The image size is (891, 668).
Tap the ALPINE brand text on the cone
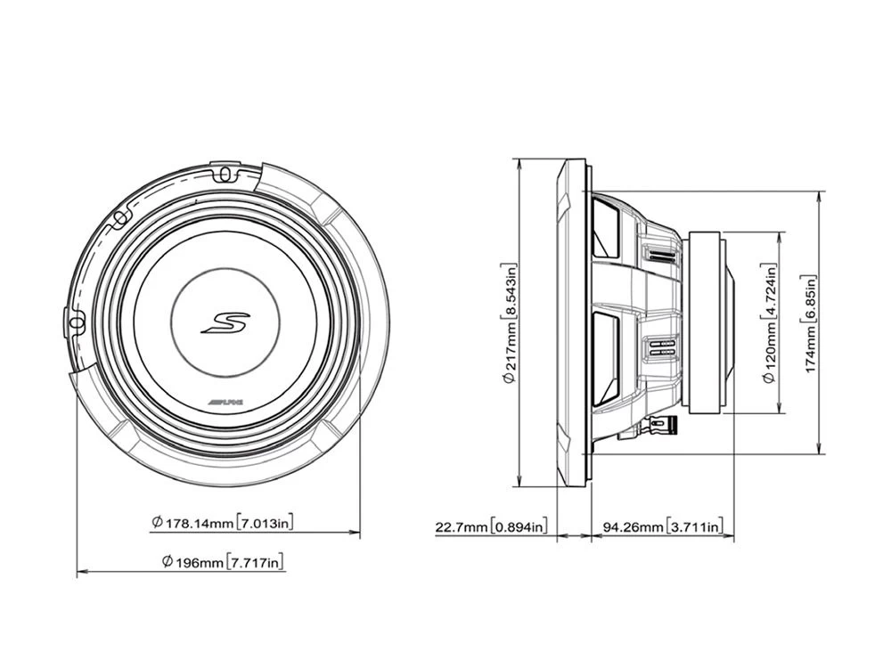coord(229,404)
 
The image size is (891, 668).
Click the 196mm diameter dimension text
coord(193,562)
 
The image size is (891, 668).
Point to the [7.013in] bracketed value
coord(265,523)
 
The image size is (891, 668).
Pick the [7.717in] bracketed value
coord(257,562)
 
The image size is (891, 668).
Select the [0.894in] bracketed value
coord(519,527)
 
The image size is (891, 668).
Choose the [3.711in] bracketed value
coord(694,527)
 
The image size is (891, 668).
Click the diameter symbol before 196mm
coord(167,562)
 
